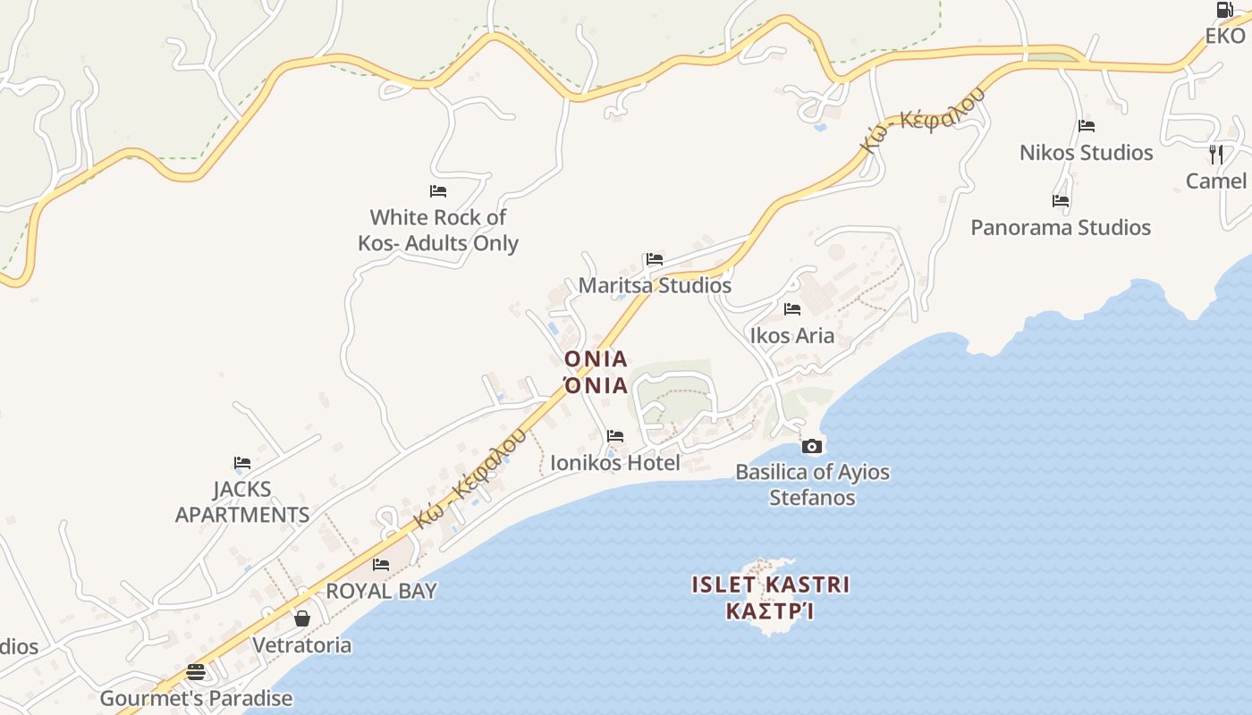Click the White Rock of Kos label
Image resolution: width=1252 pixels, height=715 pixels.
(x=438, y=230)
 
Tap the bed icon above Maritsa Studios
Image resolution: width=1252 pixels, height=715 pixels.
(x=655, y=260)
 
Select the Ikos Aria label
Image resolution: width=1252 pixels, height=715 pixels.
(x=792, y=336)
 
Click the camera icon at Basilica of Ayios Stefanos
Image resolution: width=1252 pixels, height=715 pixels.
(x=812, y=446)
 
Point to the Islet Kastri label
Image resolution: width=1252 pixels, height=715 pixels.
(x=771, y=585)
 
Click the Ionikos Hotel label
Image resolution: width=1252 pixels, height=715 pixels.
(x=614, y=463)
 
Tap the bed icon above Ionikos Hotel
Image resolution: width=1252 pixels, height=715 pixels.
(x=615, y=436)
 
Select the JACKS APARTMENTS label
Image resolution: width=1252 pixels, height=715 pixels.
(x=242, y=502)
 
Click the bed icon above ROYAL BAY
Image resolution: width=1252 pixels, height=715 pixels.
(x=381, y=565)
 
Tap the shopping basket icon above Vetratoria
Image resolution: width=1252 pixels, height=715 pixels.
(x=302, y=618)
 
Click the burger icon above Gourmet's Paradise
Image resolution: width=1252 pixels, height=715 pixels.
(x=196, y=672)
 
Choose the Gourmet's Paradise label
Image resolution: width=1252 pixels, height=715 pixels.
(x=196, y=699)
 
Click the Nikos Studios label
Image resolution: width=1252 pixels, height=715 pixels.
(x=1087, y=153)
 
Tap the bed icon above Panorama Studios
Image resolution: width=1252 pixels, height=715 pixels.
(x=1061, y=201)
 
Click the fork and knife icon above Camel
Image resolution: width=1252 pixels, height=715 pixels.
(x=1216, y=154)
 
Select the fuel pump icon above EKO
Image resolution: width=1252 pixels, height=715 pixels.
(x=1224, y=10)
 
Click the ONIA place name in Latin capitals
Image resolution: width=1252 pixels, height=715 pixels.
(x=596, y=359)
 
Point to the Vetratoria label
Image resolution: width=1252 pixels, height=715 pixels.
(x=302, y=645)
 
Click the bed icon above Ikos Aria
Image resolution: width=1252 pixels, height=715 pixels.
(x=792, y=309)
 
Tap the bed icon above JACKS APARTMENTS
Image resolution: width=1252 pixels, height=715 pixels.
(x=242, y=463)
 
